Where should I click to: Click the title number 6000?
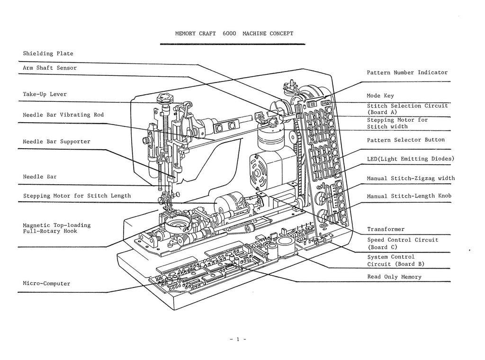(230, 34)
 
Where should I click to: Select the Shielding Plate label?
(48, 54)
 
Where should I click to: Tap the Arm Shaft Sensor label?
(50, 68)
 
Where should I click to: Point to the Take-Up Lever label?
(45, 94)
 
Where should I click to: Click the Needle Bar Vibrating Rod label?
(63, 115)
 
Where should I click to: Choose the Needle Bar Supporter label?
(56, 142)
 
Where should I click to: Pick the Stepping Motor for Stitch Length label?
(77, 196)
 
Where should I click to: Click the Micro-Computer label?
(46, 284)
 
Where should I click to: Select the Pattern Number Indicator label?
(407, 73)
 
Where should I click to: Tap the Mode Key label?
(380, 96)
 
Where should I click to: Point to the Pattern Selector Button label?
(406, 140)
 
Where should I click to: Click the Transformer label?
(386, 229)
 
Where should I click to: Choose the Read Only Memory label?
(394, 277)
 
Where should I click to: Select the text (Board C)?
(382, 247)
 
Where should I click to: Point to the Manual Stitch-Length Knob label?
(409, 196)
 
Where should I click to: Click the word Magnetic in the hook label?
(36, 225)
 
